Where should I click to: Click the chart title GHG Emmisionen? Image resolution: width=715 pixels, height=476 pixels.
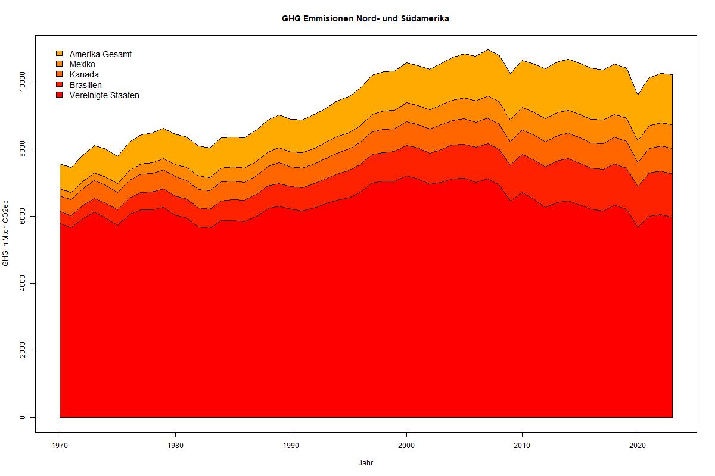tap(365, 18)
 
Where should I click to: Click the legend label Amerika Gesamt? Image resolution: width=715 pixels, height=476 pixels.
tap(100, 54)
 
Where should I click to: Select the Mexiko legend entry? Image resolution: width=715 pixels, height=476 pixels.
tap(82, 64)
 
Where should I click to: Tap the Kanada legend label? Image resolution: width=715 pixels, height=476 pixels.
tap(84, 74)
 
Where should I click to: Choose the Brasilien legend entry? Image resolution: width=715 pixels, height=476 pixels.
tap(85, 85)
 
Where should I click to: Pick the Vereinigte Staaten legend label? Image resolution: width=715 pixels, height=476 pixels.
tap(104, 95)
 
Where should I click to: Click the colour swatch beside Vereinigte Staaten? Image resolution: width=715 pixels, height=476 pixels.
tap(59, 95)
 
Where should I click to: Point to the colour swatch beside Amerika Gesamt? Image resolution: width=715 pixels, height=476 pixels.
tap(59, 54)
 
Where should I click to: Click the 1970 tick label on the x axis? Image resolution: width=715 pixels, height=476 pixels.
tap(60, 444)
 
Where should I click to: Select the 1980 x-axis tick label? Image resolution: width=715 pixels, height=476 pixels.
tap(175, 444)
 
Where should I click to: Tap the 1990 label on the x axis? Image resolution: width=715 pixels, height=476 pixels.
tap(291, 444)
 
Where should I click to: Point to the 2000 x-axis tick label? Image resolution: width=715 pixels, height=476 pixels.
tap(406, 444)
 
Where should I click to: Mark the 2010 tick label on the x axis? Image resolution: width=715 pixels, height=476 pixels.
tap(522, 444)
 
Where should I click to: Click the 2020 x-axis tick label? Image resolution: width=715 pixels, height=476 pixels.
tap(638, 444)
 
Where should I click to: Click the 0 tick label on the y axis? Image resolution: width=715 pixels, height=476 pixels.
tap(23, 417)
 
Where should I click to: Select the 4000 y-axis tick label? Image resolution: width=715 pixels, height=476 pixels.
tap(23, 283)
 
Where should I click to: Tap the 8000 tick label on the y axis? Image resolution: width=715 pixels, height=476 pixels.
tap(23, 149)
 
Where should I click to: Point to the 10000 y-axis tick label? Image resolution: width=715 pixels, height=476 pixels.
tap(23, 82)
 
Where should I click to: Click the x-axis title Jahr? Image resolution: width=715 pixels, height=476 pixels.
tap(366, 462)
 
